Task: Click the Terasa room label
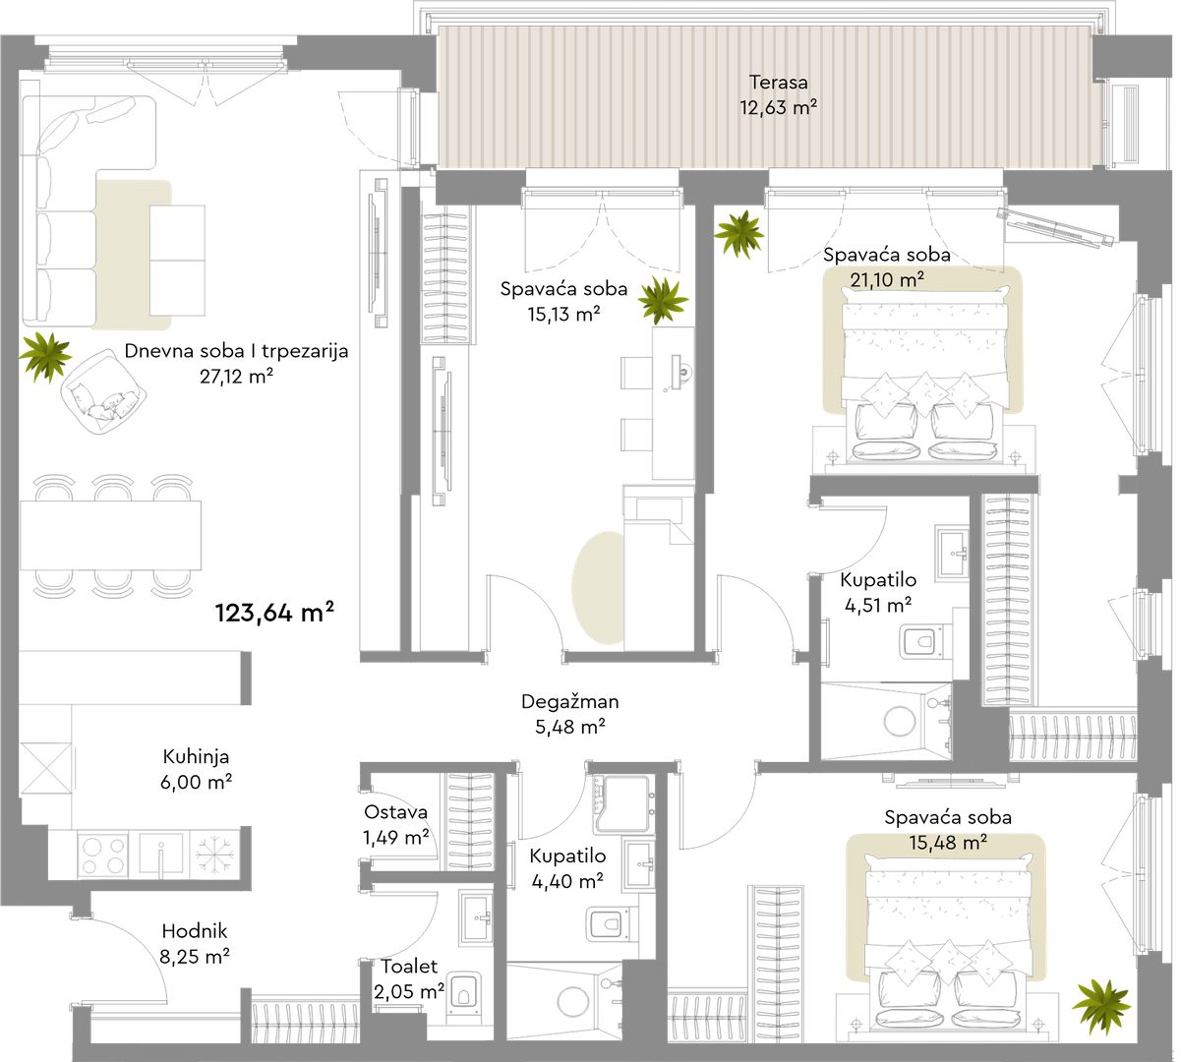click(778, 83)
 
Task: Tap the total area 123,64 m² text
click(274, 613)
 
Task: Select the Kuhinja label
click(196, 757)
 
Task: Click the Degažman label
click(570, 701)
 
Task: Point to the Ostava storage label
click(395, 812)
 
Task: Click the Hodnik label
click(195, 931)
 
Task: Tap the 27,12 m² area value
click(236, 376)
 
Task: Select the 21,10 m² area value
click(887, 279)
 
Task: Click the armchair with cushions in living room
click(103, 391)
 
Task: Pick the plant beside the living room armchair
click(45, 356)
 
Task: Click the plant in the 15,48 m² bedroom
click(1099, 1007)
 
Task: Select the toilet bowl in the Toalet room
click(464, 996)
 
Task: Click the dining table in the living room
click(111, 535)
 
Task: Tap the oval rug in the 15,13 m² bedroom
click(598, 588)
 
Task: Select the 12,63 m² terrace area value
click(778, 108)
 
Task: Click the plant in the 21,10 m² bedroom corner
click(738, 234)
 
